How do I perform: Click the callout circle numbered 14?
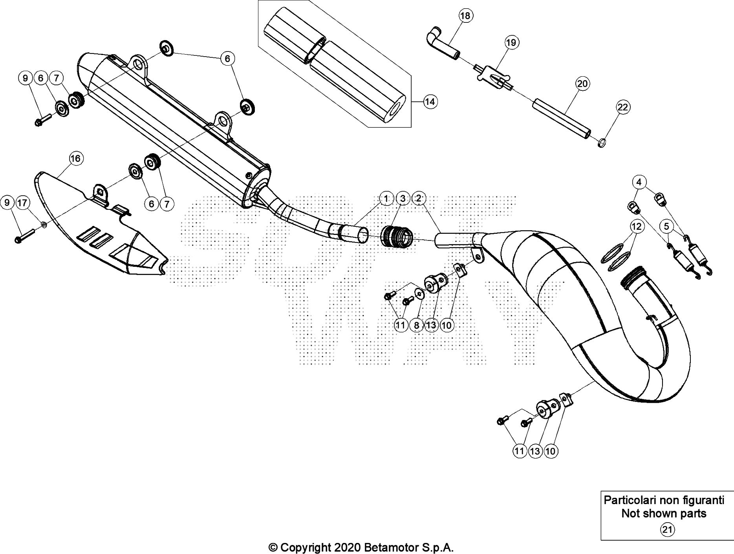point(430,102)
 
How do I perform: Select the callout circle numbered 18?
point(465,16)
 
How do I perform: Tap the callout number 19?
point(511,42)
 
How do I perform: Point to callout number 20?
point(582,84)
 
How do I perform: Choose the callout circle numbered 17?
point(23,203)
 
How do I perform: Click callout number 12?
point(637,226)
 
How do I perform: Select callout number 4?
point(639,182)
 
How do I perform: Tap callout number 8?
point(416,325)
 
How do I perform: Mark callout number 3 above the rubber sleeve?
point(403,199)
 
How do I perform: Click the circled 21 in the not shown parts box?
point(667,530)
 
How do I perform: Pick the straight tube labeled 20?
point(562,118)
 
